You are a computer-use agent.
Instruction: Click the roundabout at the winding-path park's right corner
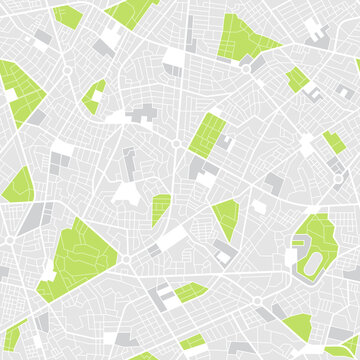pyautogui.click(x=126, y=257)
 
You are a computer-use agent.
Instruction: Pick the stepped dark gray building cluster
pyautogui.click(x=143, y=113)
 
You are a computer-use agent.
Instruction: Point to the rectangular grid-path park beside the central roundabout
pyautogui.click(x=207, y=134)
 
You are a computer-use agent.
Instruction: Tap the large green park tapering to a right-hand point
pyautogui.click(x=245, y=37)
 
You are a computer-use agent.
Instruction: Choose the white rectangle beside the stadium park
pyautogui.click(x=291, y=256)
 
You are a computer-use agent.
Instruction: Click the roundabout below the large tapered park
pyautogui.click(x=243, y=69)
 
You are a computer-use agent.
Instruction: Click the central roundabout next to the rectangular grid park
pyautogui.click(x=176, y=144)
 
